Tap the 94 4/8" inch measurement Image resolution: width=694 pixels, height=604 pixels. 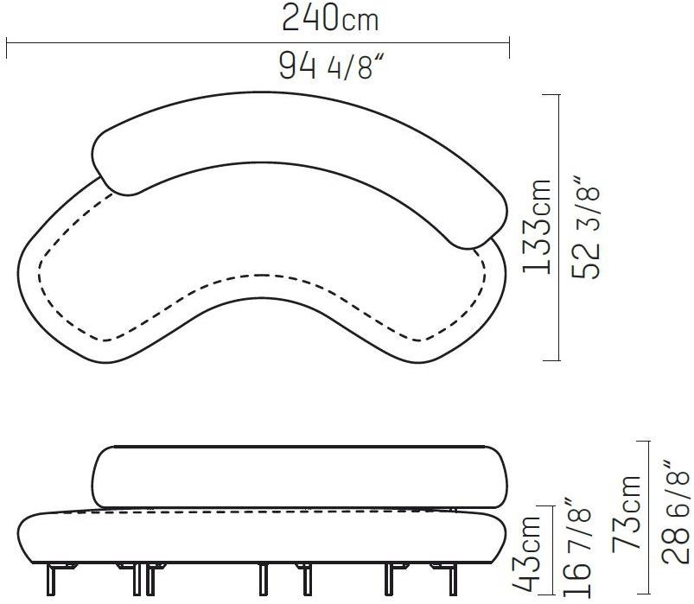[330, 65]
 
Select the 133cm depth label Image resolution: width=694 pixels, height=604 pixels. [538, 226]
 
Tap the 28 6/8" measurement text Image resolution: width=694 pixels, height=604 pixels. [675, 511]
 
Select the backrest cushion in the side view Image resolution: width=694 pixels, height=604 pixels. [299, 477]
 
